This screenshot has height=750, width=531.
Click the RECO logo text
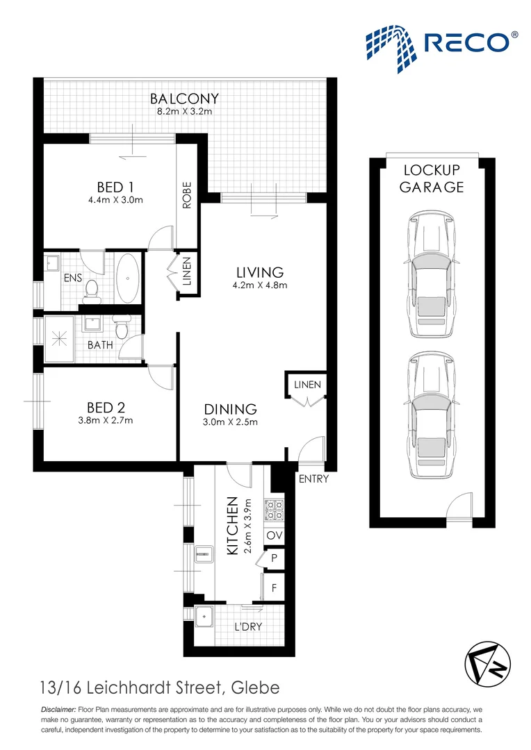pyautogui.click(x=470, y=43)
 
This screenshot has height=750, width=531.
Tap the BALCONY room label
pyautogui.click(x=184, y=99)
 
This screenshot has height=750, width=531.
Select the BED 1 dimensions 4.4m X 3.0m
pyautogui.click(x=115, y=201)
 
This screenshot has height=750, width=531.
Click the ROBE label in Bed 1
pyautogui.click(x=186, y=195)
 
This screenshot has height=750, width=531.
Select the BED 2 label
pyautogui.click(x=106, y=407)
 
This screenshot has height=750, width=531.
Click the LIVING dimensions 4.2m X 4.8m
pyautogui.click(x=259, y=285)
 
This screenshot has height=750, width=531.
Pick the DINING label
pyautogui.click(x=231, y=409)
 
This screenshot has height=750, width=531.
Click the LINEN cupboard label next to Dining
pyautogui.click(x=307, y=384)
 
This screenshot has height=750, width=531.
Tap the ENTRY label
pyautogui.click(x=313, y=479)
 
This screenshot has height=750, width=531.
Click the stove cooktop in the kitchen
pyautogui.click(x=273, y=510)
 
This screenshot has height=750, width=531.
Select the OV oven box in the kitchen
pyautogui.click(x=275, y=536)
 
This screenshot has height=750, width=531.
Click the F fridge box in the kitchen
pyautogui.click(x=275, y=587)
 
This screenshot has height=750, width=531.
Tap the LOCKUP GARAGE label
pyautogui.click(x=432, y=178)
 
